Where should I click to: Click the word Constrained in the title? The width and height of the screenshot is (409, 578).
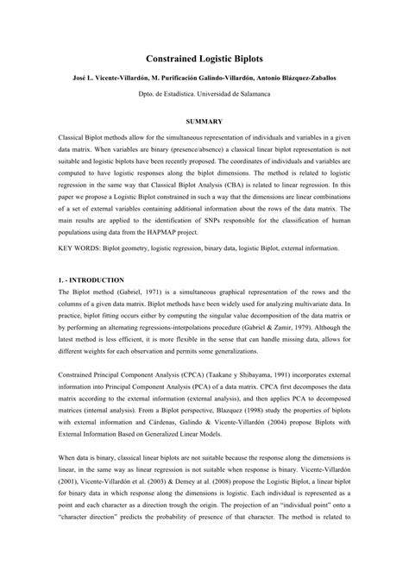point(169,55)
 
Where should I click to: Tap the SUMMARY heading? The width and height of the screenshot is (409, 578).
point(204,122)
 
